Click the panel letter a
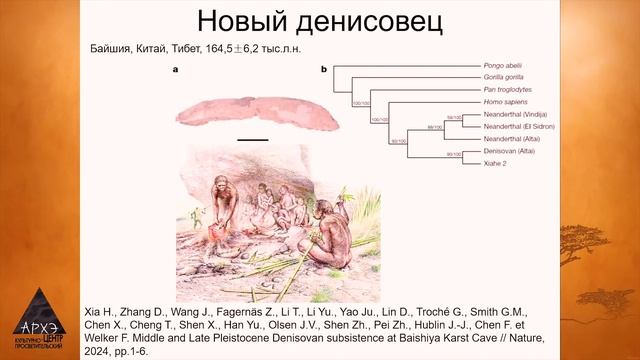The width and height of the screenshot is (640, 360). (176, 69)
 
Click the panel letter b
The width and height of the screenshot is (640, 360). (324, 69)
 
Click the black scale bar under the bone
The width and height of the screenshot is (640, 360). (253, 137)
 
